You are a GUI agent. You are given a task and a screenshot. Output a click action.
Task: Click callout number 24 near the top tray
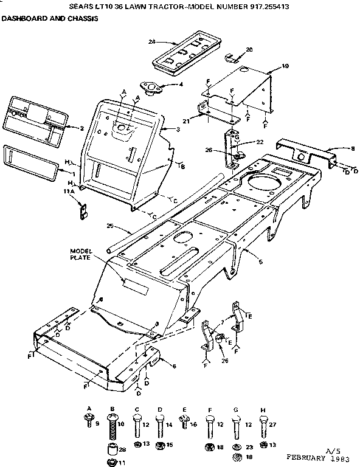(152, 41)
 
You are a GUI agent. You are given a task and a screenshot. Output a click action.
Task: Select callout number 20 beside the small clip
(249, 49)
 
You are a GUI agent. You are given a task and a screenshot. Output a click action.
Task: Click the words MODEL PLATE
(80, 254)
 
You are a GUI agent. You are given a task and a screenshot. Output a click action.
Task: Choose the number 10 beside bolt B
(120, 424)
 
